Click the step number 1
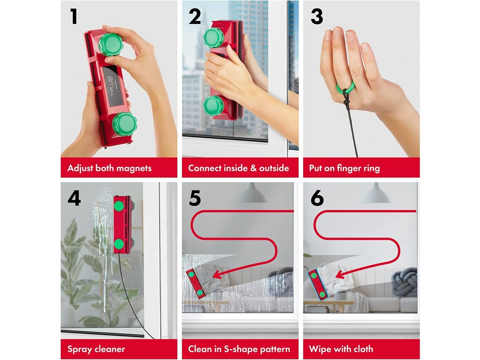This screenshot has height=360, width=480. (x=74, y=16)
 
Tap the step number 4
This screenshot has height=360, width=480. (x=74, y=198)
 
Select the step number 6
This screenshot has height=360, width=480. (x=317, y=198)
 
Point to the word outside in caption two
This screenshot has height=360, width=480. (x=274, y=168)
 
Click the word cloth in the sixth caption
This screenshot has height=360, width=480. (x=363, y=349)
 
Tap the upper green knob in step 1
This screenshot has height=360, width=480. (x=111, y=45)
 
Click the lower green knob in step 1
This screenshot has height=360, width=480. (x=124, y=124)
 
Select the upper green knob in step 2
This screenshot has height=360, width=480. (x=213, y=37)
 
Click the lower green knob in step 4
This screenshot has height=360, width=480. (x=119, y=244)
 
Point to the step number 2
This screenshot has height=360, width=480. (x=195, y=16)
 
